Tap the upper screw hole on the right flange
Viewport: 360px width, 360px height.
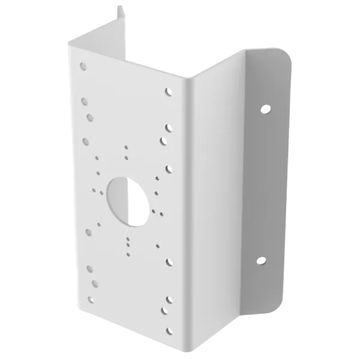265,109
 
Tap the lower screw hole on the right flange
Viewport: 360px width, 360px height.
261,260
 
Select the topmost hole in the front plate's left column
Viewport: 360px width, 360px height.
83,65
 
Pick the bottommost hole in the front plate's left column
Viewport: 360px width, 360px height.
91,298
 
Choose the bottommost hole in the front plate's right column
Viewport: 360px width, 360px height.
170,329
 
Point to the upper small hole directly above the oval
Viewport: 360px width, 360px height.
125,146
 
